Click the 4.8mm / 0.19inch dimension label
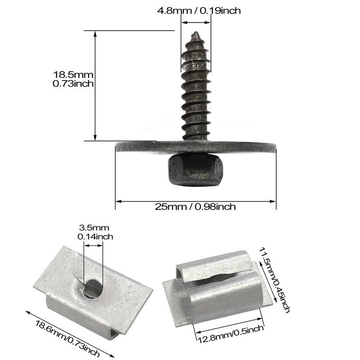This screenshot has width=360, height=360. [199, 10]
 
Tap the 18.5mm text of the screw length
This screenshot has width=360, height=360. [73, 75]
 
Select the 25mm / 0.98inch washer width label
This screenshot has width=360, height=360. [195, 207]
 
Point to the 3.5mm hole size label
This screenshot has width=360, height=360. [94, 228]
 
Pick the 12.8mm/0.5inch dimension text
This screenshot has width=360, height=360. [230, 333]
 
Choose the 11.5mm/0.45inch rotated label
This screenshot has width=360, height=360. [274, 279]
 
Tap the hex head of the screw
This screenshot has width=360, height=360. [195, 170]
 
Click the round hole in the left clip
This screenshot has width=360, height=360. [93, 289]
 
